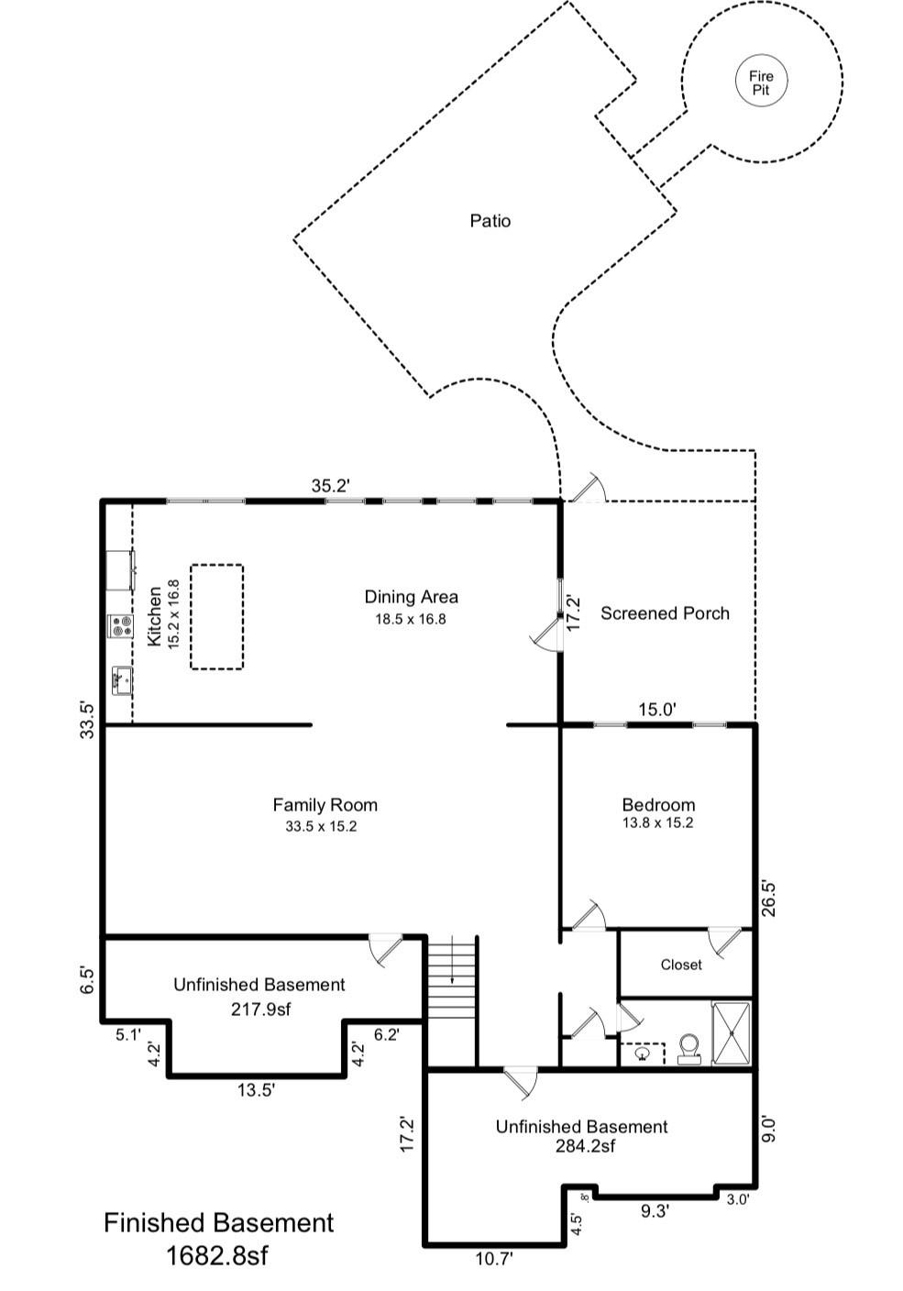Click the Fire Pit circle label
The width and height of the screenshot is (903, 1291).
(761, 83)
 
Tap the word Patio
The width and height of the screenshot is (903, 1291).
(490, 221)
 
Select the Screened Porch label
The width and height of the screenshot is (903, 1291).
(665, 613)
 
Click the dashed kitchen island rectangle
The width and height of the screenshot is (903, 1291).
(216, 616)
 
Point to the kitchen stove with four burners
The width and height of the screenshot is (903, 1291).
(121, 626)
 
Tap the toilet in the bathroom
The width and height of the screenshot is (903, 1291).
(688, 1048)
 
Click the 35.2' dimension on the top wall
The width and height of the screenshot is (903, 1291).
(330, 486)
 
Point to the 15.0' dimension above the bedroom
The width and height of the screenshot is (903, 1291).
(656, 709)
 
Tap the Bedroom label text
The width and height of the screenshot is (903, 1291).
(657, 805)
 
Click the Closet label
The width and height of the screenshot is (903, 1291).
(681, 965)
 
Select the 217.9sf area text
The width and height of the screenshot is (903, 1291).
(259, 1009)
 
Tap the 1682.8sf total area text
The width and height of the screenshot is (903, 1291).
(217, 1254)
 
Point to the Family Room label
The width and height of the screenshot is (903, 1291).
(325, 805)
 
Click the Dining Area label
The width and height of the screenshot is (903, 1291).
(411, 597)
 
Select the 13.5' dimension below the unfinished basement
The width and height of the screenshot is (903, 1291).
(256, 1090)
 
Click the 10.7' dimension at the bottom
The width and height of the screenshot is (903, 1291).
(492, 1259)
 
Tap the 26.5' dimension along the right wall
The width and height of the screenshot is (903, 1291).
(769, 899)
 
